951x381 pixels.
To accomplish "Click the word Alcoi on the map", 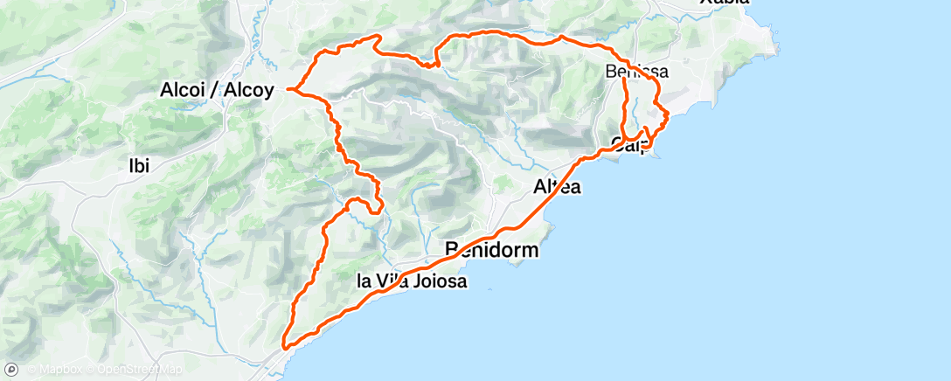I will (184, 89).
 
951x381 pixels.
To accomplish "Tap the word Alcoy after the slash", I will (248, 89).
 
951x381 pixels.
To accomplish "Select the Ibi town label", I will (139, 166).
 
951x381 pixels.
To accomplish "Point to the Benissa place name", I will (637, 72).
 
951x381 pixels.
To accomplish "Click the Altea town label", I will (557, 186).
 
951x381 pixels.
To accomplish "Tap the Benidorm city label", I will (491, 250).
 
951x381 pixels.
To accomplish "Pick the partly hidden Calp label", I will (629, 144).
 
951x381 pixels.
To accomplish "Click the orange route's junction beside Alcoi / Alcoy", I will (291, 89).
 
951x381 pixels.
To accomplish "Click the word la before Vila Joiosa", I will (366, 282).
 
